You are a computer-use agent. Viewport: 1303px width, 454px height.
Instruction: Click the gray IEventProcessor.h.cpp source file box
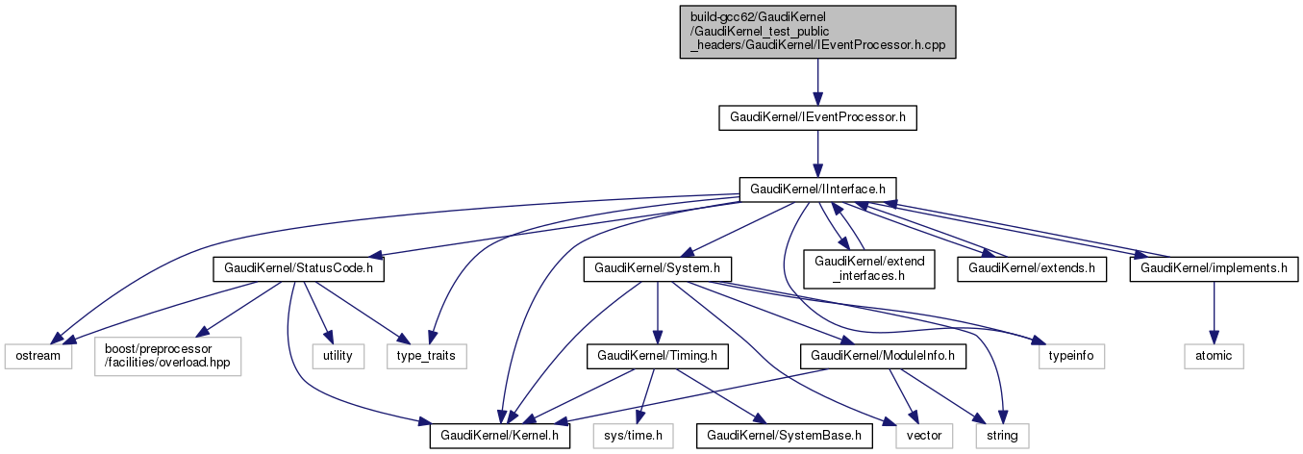pyautogui.click(x=817, y=32)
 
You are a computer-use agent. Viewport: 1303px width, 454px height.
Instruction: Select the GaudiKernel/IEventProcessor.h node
pyautogui.click(x=817, y=118)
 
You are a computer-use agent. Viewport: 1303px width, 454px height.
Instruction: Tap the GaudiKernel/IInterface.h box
pyautogui.click(x=817, y=189)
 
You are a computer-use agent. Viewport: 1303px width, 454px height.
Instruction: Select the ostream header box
pyautogui.click(x=38, y=356)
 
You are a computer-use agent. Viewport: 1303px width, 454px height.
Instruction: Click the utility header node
pyautogui.click(x=338, y=356)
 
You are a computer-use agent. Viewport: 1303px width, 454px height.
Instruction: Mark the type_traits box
pyautogui.click(x=426, y=356)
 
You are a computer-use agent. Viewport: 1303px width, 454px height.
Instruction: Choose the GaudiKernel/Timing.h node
pyautogui.click(x=657, y=356)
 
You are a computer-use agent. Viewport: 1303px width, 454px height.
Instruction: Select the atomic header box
pyautogui.click(x=1214, y=356)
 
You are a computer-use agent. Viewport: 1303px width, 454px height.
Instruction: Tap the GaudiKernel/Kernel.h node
pyautogui.click(x=500, y=437)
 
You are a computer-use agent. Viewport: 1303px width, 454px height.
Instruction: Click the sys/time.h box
pyautogui.click(x=633, y=437)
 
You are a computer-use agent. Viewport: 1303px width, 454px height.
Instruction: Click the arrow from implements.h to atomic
pyautogui.click(x=1214, y=313)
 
